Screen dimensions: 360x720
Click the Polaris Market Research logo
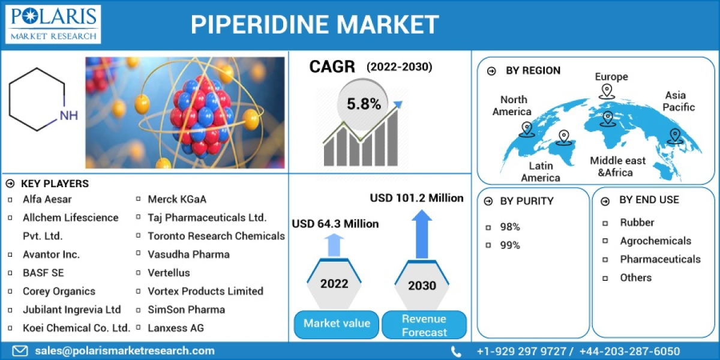click(53, 24)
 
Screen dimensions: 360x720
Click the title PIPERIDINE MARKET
click(314, 25)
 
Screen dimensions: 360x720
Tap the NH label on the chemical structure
click(68, 115)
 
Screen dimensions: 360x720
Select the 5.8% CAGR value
click(364, 104)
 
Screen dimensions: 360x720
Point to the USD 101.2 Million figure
click(416, 197)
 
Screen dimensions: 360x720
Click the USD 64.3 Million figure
click(335, 224)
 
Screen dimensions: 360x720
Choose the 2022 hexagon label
click(334, 283)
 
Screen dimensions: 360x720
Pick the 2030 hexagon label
click(422, 285)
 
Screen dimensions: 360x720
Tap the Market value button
click(337, 323)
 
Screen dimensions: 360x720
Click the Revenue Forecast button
click(424, 325)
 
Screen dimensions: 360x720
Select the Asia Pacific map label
click(679, 101)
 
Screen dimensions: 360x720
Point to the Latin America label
click(540, 172)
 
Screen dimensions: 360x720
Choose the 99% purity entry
click(510, 245)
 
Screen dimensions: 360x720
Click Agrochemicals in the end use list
click(655, 241)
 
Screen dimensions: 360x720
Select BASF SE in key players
click(43, 272)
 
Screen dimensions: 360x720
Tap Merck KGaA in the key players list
click(177, 199)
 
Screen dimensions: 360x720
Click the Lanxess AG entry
click(176, 328)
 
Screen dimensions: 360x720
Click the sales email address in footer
click(124, 351)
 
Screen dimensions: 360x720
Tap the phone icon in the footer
click(457, 352)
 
